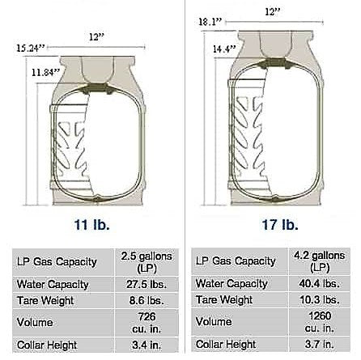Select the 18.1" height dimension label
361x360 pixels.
point(209,23)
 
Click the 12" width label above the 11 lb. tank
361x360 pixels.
point(95,36)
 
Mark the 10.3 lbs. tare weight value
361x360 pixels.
point(318,300)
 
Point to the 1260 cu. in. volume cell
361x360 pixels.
point(318,322)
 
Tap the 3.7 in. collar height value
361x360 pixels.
point(318,345)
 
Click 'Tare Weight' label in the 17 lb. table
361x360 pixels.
point(224,300)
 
